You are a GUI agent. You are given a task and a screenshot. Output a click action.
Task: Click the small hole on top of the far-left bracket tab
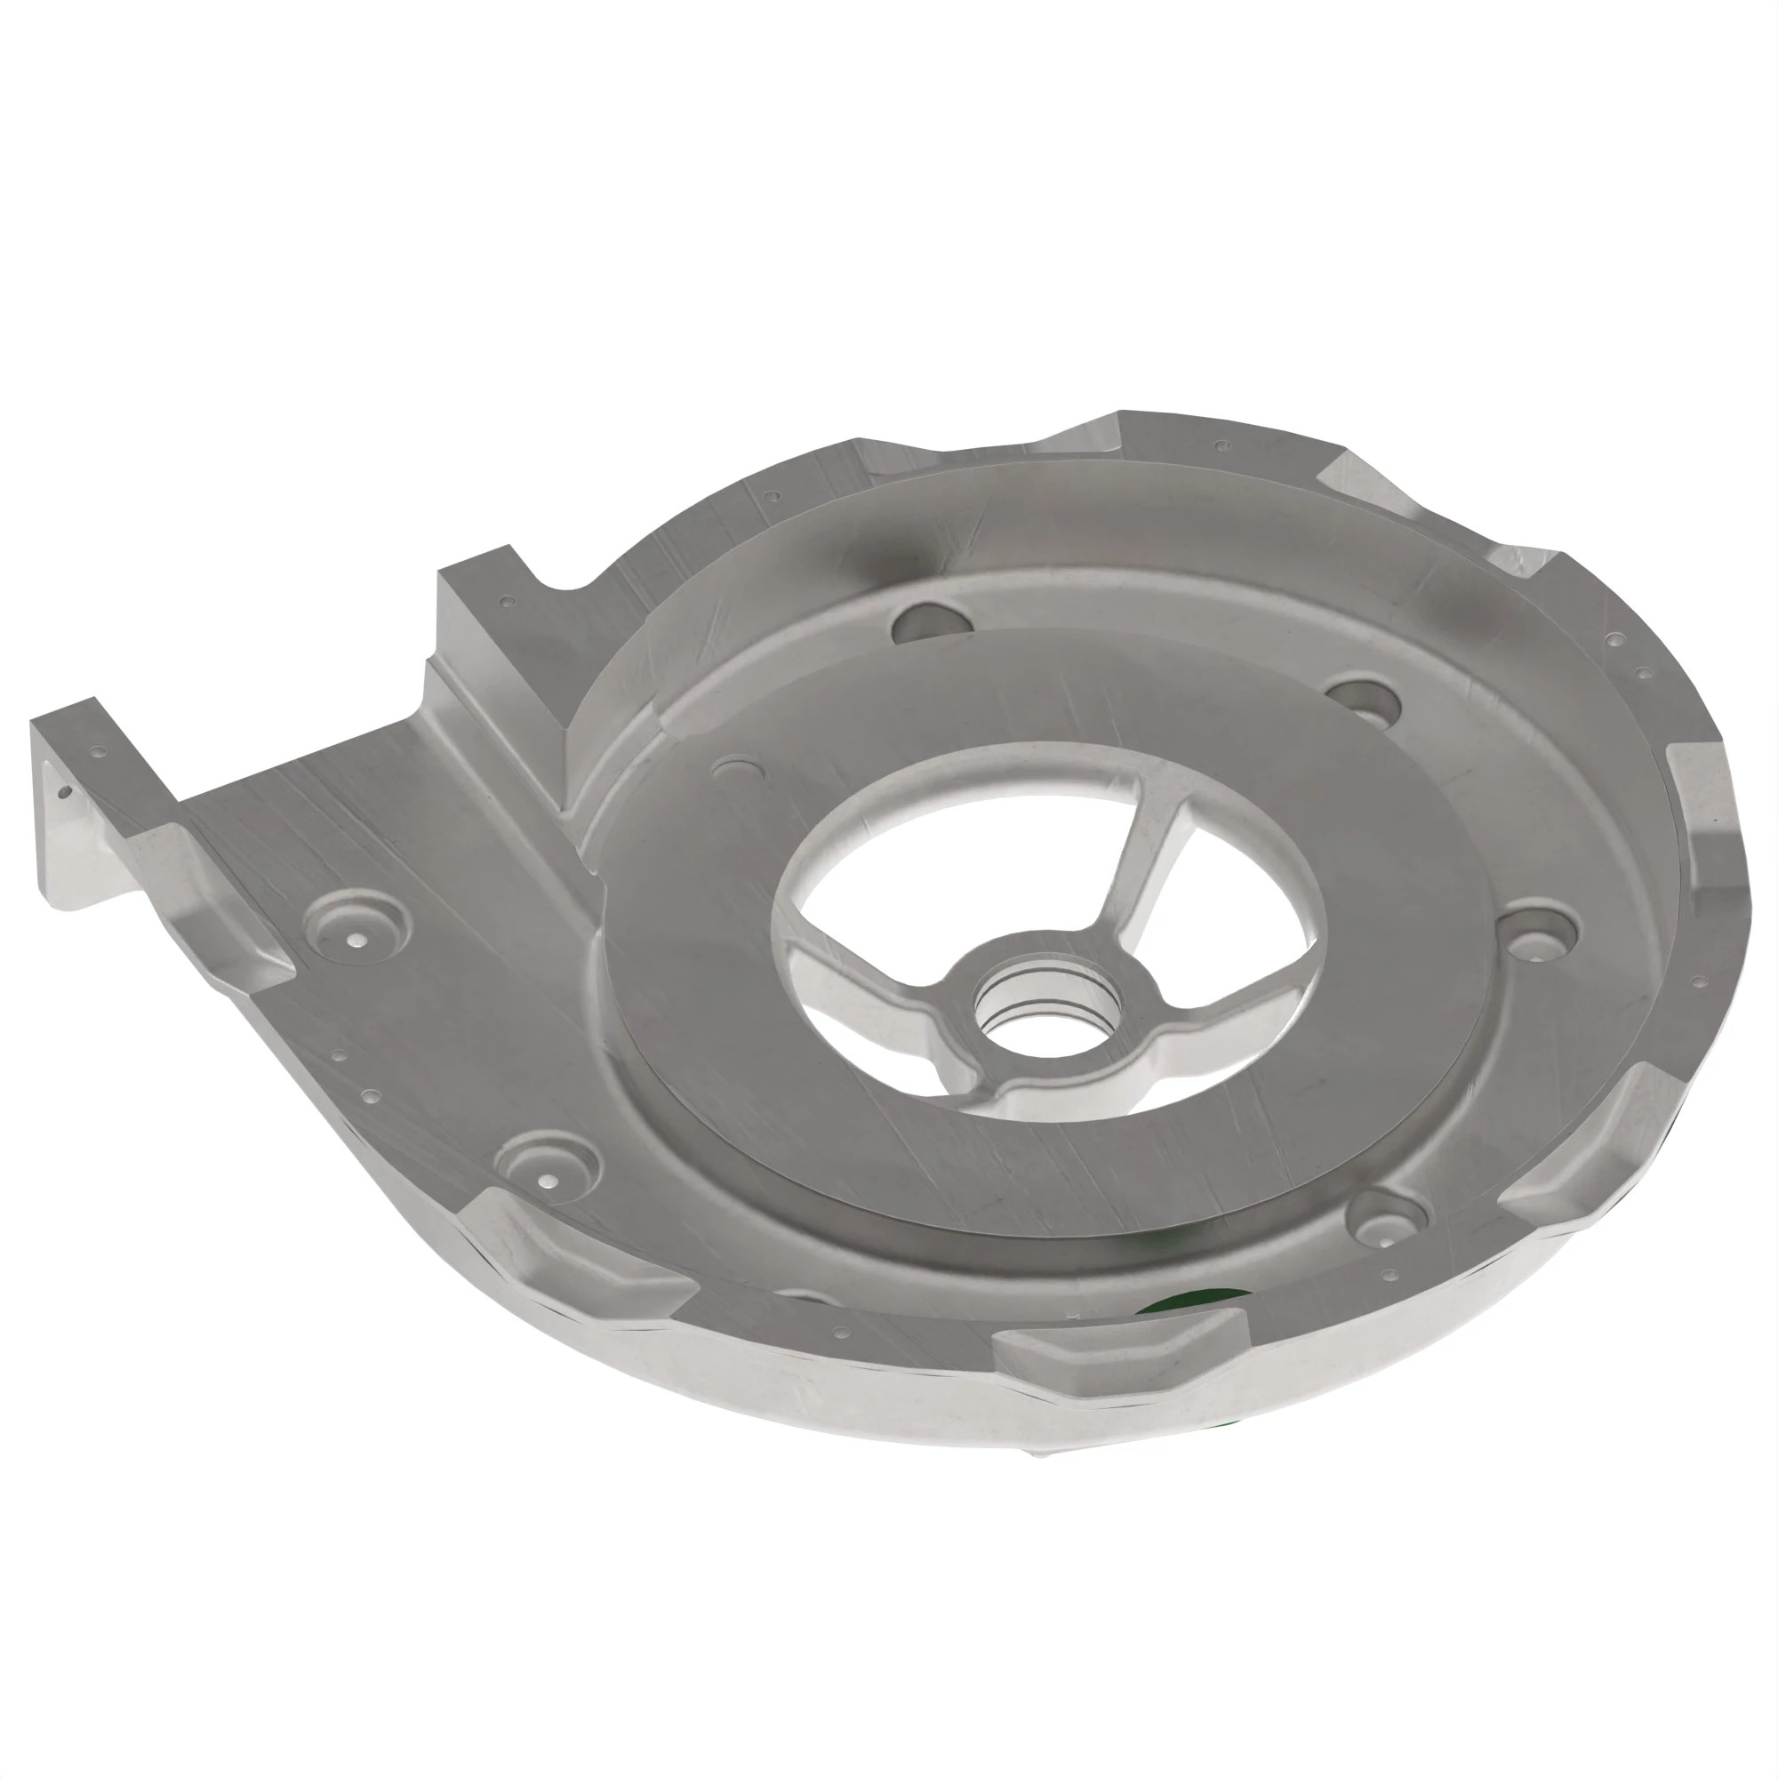pyautogui.click(x=100, y=752)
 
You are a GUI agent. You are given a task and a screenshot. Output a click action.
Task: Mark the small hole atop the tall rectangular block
pyautogui.click(x=505, y=602)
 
